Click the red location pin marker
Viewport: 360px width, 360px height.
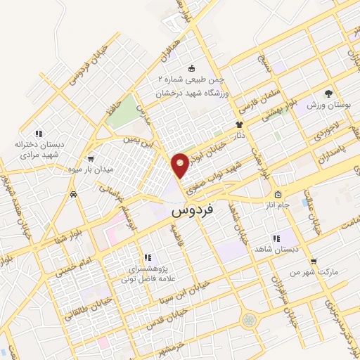pos(181,165)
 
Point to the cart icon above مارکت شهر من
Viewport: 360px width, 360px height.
pos(314,262)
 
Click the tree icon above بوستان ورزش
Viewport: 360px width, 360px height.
pos(328,94)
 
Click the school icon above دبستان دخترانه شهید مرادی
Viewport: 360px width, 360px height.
pos(40,133)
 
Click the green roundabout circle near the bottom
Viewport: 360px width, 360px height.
pos(247,321)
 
